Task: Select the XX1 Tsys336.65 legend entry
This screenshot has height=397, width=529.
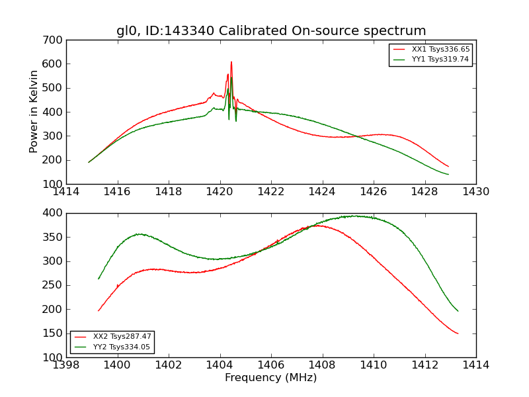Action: tap(440, 50)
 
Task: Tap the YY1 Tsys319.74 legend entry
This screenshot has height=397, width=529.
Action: tap(440, 60)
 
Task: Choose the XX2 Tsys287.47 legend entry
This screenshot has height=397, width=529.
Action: tap(122, 337)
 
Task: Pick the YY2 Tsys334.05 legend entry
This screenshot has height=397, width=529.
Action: tap(122, 347)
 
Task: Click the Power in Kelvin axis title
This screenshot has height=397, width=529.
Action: tap(34, 111)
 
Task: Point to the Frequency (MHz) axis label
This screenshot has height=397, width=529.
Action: tap(270, 378)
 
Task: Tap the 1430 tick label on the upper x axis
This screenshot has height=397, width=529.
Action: tap(475, 191)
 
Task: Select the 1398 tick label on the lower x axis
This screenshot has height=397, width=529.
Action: tap(66, 365)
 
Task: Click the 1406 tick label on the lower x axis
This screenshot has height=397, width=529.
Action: tap(271, 365)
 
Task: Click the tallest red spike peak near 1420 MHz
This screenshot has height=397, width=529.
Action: tap(231, 62)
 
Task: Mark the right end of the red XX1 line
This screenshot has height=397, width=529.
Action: tap(448, 167)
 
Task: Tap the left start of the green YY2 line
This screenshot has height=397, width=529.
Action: tap(99, 279)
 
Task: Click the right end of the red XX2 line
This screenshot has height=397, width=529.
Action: tap(458, 333)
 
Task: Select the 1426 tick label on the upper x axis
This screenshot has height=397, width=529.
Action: tap(373, 191)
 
